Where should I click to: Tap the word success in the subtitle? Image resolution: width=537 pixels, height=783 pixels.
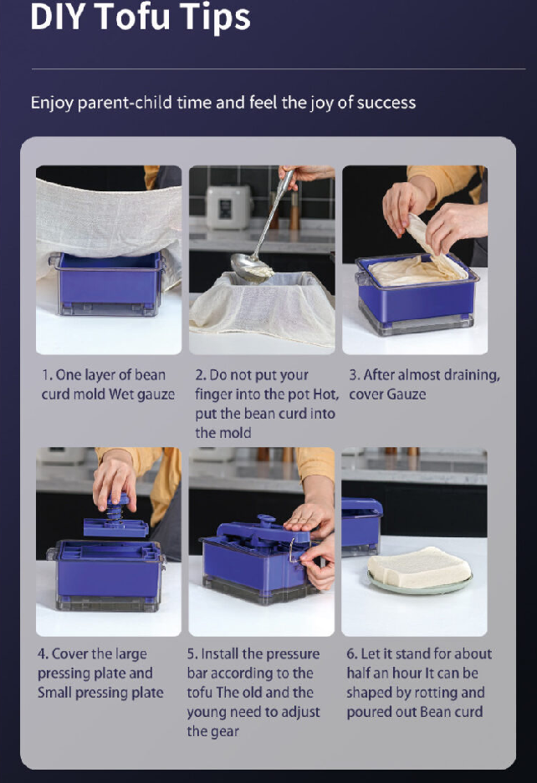pos(386,103)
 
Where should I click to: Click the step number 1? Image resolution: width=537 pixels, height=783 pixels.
pos(47,375)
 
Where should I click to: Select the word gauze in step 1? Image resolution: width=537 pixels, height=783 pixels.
pos(156,395)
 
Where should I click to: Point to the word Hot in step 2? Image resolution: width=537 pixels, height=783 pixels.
pos(325,394)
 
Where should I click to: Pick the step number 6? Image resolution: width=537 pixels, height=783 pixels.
pos(351,654)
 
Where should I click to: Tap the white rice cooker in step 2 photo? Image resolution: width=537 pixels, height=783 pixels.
pos(228,206)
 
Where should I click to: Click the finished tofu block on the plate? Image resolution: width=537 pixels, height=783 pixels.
pos(419,567)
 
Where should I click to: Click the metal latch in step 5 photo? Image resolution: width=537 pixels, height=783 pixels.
pos(292,551)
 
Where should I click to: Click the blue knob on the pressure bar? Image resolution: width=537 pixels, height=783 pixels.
pos(265,521)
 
